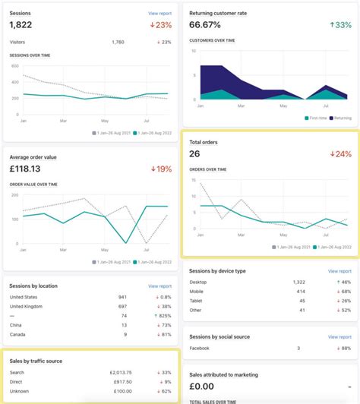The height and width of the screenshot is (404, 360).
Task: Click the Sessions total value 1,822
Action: (21, 25)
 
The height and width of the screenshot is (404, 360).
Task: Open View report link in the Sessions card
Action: (160, 14)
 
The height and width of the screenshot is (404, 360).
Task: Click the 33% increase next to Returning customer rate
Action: (341, 26)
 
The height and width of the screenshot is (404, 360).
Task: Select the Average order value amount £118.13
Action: (25, 169)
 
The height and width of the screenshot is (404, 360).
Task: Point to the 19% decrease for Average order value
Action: (162, 169)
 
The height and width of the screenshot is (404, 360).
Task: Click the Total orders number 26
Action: (195, 154)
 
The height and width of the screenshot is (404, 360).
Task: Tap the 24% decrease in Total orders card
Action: (341, 154)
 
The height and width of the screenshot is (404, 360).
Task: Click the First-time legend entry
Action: (317, 118)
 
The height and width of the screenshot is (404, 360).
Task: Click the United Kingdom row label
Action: (27, 305)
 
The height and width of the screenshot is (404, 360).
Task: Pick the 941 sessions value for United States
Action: (122, 296)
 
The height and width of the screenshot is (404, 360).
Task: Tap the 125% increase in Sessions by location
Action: (162, 315)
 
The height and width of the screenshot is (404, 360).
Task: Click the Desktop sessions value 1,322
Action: (298, 282)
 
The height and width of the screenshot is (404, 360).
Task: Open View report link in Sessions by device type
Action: (339, 270)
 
